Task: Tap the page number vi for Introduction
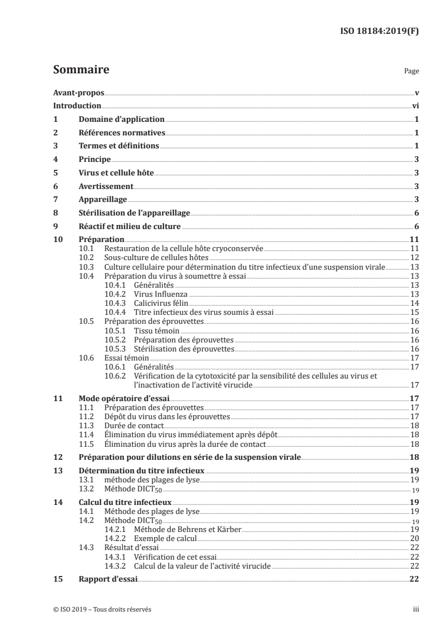pos(414,105)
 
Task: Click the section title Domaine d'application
pos(121,119)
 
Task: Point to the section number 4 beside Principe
pos(55,160)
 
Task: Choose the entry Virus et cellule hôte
pos(116,173)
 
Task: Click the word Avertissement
pos(105,186)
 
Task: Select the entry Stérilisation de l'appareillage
pos(135,213)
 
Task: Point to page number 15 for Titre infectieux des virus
pos(414,311)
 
